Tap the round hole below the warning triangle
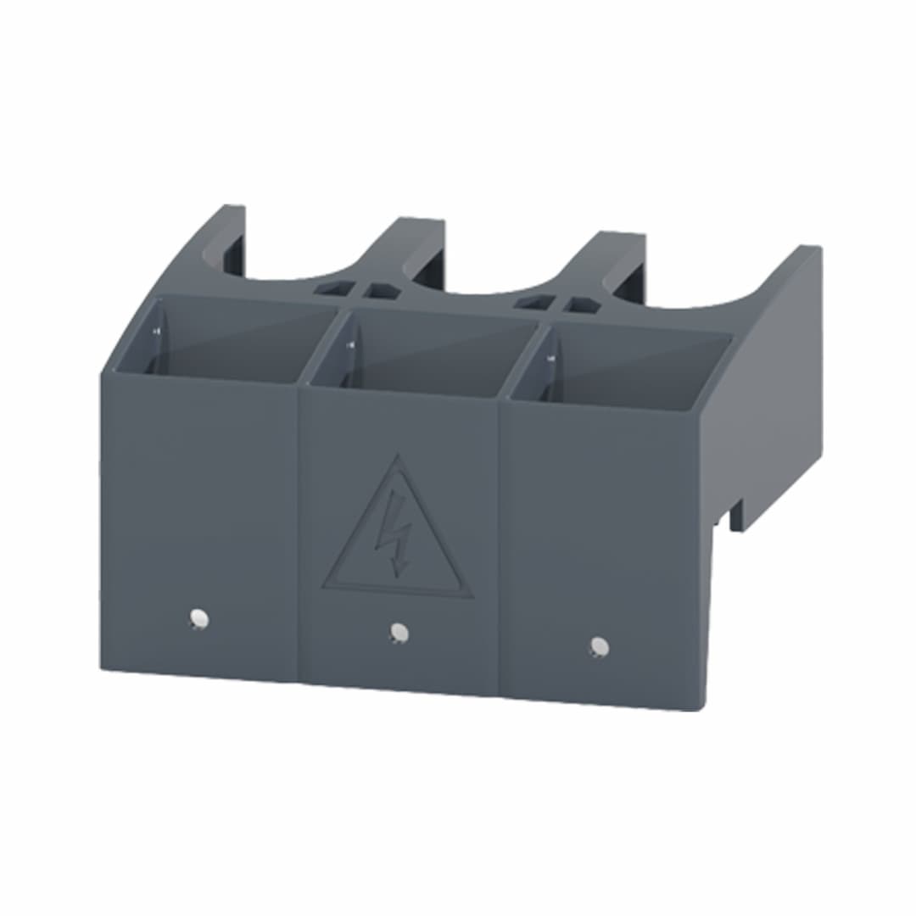coord(398,632)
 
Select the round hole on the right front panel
coord(599,646)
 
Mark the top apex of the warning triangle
coord(396,458)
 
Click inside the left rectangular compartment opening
coord(225,339)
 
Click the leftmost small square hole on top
coord(329,288)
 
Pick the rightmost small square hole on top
coord(581,304)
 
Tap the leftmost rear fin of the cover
coord(223,233)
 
